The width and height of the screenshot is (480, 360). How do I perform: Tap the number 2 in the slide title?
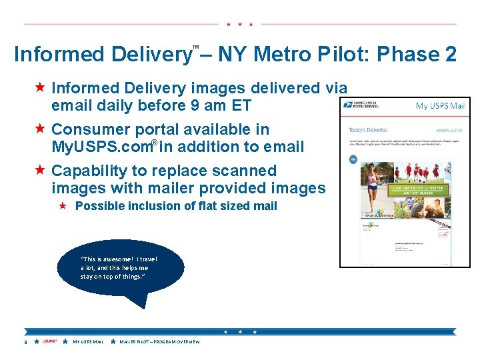449,54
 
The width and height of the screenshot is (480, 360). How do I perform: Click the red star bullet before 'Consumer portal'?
40,129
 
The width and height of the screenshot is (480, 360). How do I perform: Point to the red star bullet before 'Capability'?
40,171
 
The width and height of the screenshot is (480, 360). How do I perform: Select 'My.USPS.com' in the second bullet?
100,147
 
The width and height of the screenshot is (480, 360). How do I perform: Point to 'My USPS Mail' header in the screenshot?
440,105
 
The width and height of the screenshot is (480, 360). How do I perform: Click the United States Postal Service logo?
361,105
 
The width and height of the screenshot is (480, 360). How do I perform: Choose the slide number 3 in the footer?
25,342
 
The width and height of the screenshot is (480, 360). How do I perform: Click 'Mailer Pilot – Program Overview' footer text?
159,342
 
